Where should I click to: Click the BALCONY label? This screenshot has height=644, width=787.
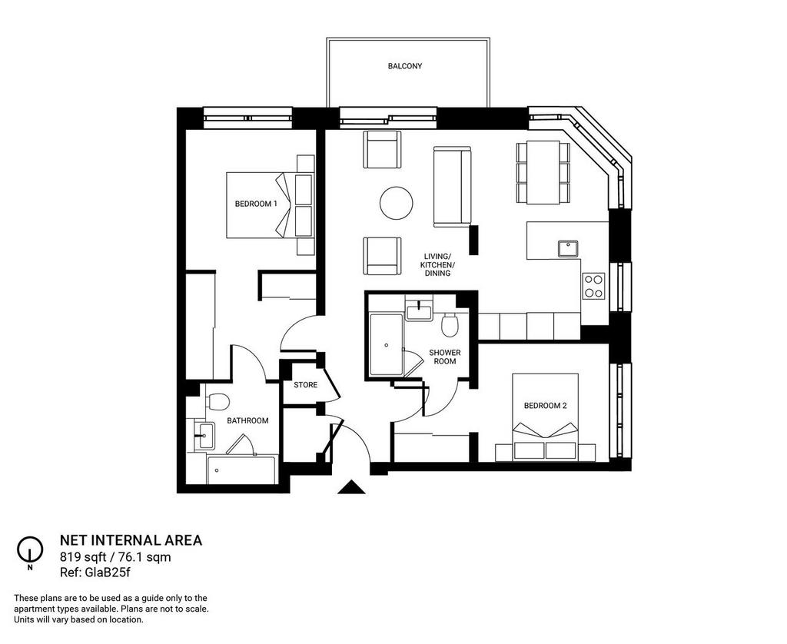(404, 66)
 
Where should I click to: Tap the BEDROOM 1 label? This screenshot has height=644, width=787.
(256, 204)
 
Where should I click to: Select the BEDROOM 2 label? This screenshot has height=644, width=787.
(545, 406)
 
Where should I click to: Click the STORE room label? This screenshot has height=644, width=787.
(306, 385)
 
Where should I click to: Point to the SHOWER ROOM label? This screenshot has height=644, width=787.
(445, 357)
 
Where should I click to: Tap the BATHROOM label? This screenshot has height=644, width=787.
(247, 420)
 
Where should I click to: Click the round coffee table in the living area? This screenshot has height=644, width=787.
(396, 204)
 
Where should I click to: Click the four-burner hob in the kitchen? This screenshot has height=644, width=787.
(594, 286)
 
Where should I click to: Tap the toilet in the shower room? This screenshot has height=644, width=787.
(449, 326)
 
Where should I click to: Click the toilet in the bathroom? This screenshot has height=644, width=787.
(218, 401)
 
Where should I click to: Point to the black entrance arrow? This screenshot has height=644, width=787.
(351, 487)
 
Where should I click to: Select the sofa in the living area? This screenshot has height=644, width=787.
(452, 186)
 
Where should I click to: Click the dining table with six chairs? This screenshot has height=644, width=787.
(543, 172)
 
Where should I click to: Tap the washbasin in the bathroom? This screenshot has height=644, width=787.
(204, 435)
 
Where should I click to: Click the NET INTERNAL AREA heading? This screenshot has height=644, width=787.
(131, 540)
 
